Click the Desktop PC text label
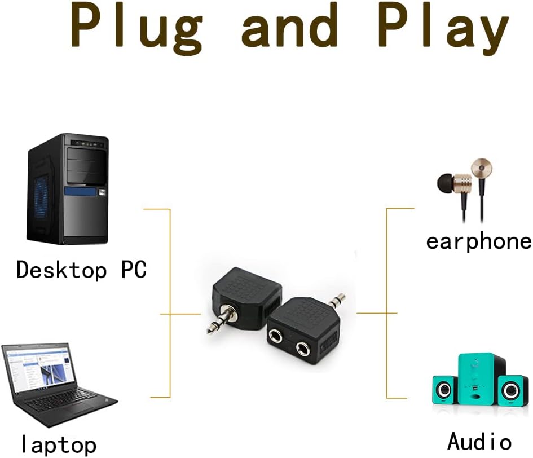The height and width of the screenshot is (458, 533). coord(81,270)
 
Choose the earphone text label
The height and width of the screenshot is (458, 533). coord(478,241)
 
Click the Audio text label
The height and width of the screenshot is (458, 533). coord(479,441)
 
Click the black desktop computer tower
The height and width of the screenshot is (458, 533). coord(69,189)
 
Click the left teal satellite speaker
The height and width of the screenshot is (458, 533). coord(444,389)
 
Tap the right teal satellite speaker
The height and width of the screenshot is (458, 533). coord(510,390)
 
